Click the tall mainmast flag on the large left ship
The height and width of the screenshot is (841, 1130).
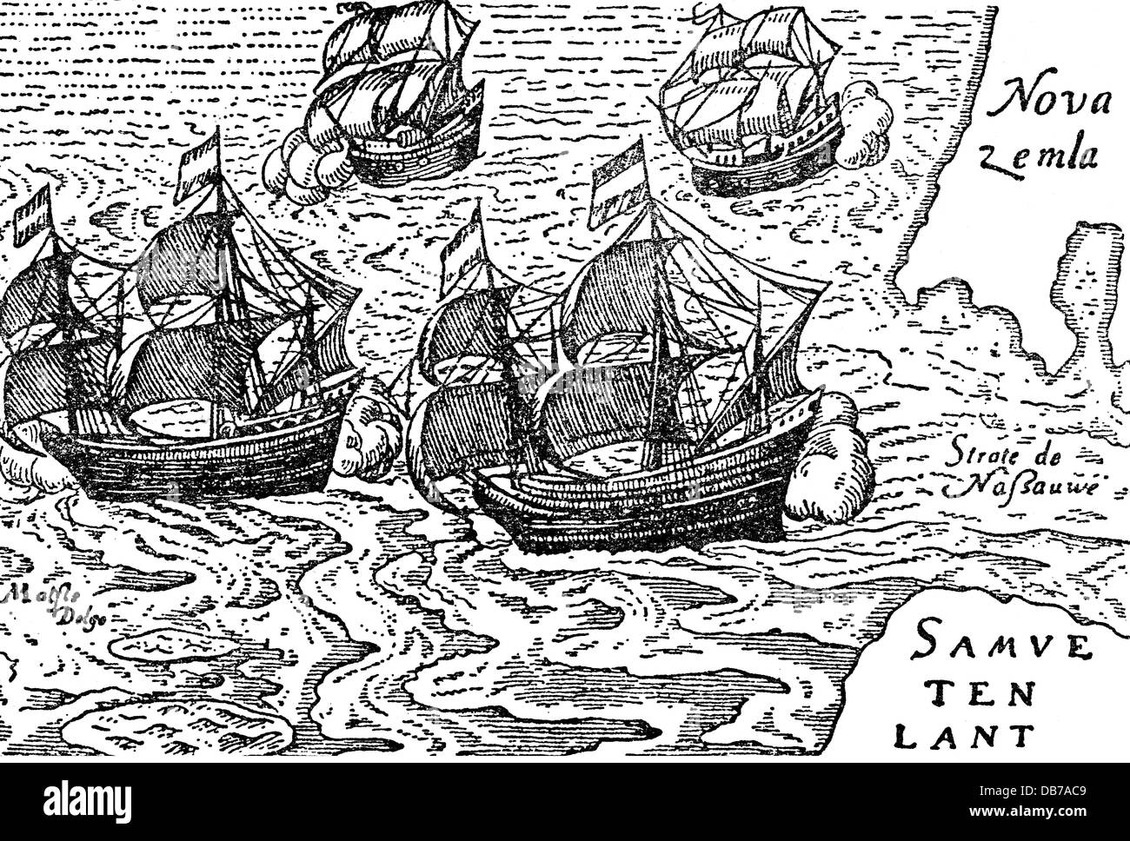tap(198, 171)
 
